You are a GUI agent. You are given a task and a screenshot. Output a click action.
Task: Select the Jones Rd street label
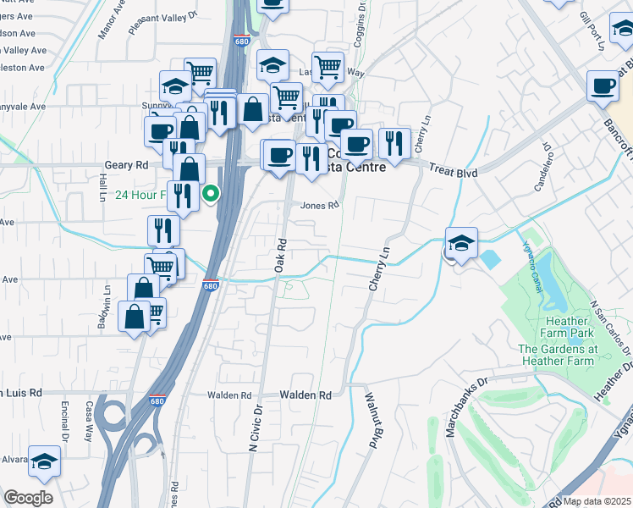point(319,205)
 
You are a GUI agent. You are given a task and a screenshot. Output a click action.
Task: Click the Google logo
point(28,498)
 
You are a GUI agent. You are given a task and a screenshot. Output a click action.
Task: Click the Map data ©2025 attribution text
point(597,501)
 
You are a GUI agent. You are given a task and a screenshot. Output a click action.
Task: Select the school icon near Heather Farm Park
point(461,243)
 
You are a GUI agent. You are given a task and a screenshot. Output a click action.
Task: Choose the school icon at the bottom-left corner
point(44,461)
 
